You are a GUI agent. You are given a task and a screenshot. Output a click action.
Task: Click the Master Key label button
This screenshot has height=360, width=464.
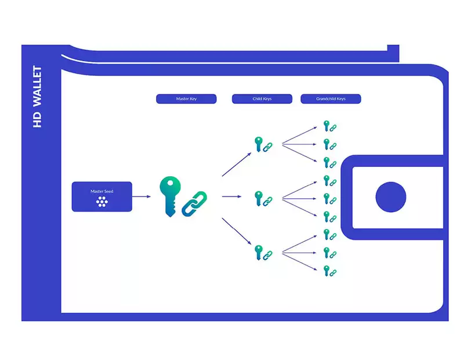(x=186, y=99)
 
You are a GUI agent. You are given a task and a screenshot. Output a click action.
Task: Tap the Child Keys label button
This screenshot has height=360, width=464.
(x=262, y=99)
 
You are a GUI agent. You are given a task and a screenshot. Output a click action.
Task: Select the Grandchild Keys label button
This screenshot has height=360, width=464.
(x=331, y=99)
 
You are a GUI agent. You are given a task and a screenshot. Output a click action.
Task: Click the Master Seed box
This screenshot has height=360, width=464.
(x=102, y=197)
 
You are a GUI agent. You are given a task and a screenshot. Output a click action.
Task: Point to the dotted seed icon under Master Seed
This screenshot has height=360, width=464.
(x=102, y=202)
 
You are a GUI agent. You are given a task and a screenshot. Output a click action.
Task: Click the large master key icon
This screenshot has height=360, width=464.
(x=170, y=197)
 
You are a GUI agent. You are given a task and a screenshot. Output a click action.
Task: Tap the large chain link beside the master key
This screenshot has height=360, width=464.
(x=194, y=203)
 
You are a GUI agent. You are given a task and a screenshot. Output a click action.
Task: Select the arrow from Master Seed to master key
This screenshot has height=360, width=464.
(x=142, y=197)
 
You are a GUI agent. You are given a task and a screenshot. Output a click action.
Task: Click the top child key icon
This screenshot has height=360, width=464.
(x=259, y=144)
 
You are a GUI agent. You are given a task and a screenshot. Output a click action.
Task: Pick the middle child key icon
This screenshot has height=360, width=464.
(x=259, y=198)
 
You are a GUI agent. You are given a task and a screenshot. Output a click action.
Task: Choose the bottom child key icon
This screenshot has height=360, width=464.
(x=259, y=253)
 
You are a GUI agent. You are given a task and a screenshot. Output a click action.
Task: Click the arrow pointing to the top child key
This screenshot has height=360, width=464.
(x=237, y=164)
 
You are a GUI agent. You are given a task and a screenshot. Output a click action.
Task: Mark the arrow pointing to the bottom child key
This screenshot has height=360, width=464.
(x=237, y=231)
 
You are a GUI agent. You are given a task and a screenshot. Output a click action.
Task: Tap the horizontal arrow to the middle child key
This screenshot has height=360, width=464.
(x=231, y=197)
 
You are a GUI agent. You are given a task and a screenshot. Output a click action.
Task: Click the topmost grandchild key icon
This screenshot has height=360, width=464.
(x=327, y=126)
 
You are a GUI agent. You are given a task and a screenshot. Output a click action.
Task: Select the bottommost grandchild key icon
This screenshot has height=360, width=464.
(x=327, y=271)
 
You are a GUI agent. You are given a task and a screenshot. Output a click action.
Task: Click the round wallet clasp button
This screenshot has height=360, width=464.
(x=390, y=197)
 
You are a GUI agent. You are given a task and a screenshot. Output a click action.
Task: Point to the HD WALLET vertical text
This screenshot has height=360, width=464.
(x=37, y=97)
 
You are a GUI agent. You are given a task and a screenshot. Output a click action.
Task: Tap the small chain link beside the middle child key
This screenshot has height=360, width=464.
(x=267, y=201)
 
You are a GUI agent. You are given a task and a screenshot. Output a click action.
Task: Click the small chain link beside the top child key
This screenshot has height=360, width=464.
(x=267, y=147)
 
